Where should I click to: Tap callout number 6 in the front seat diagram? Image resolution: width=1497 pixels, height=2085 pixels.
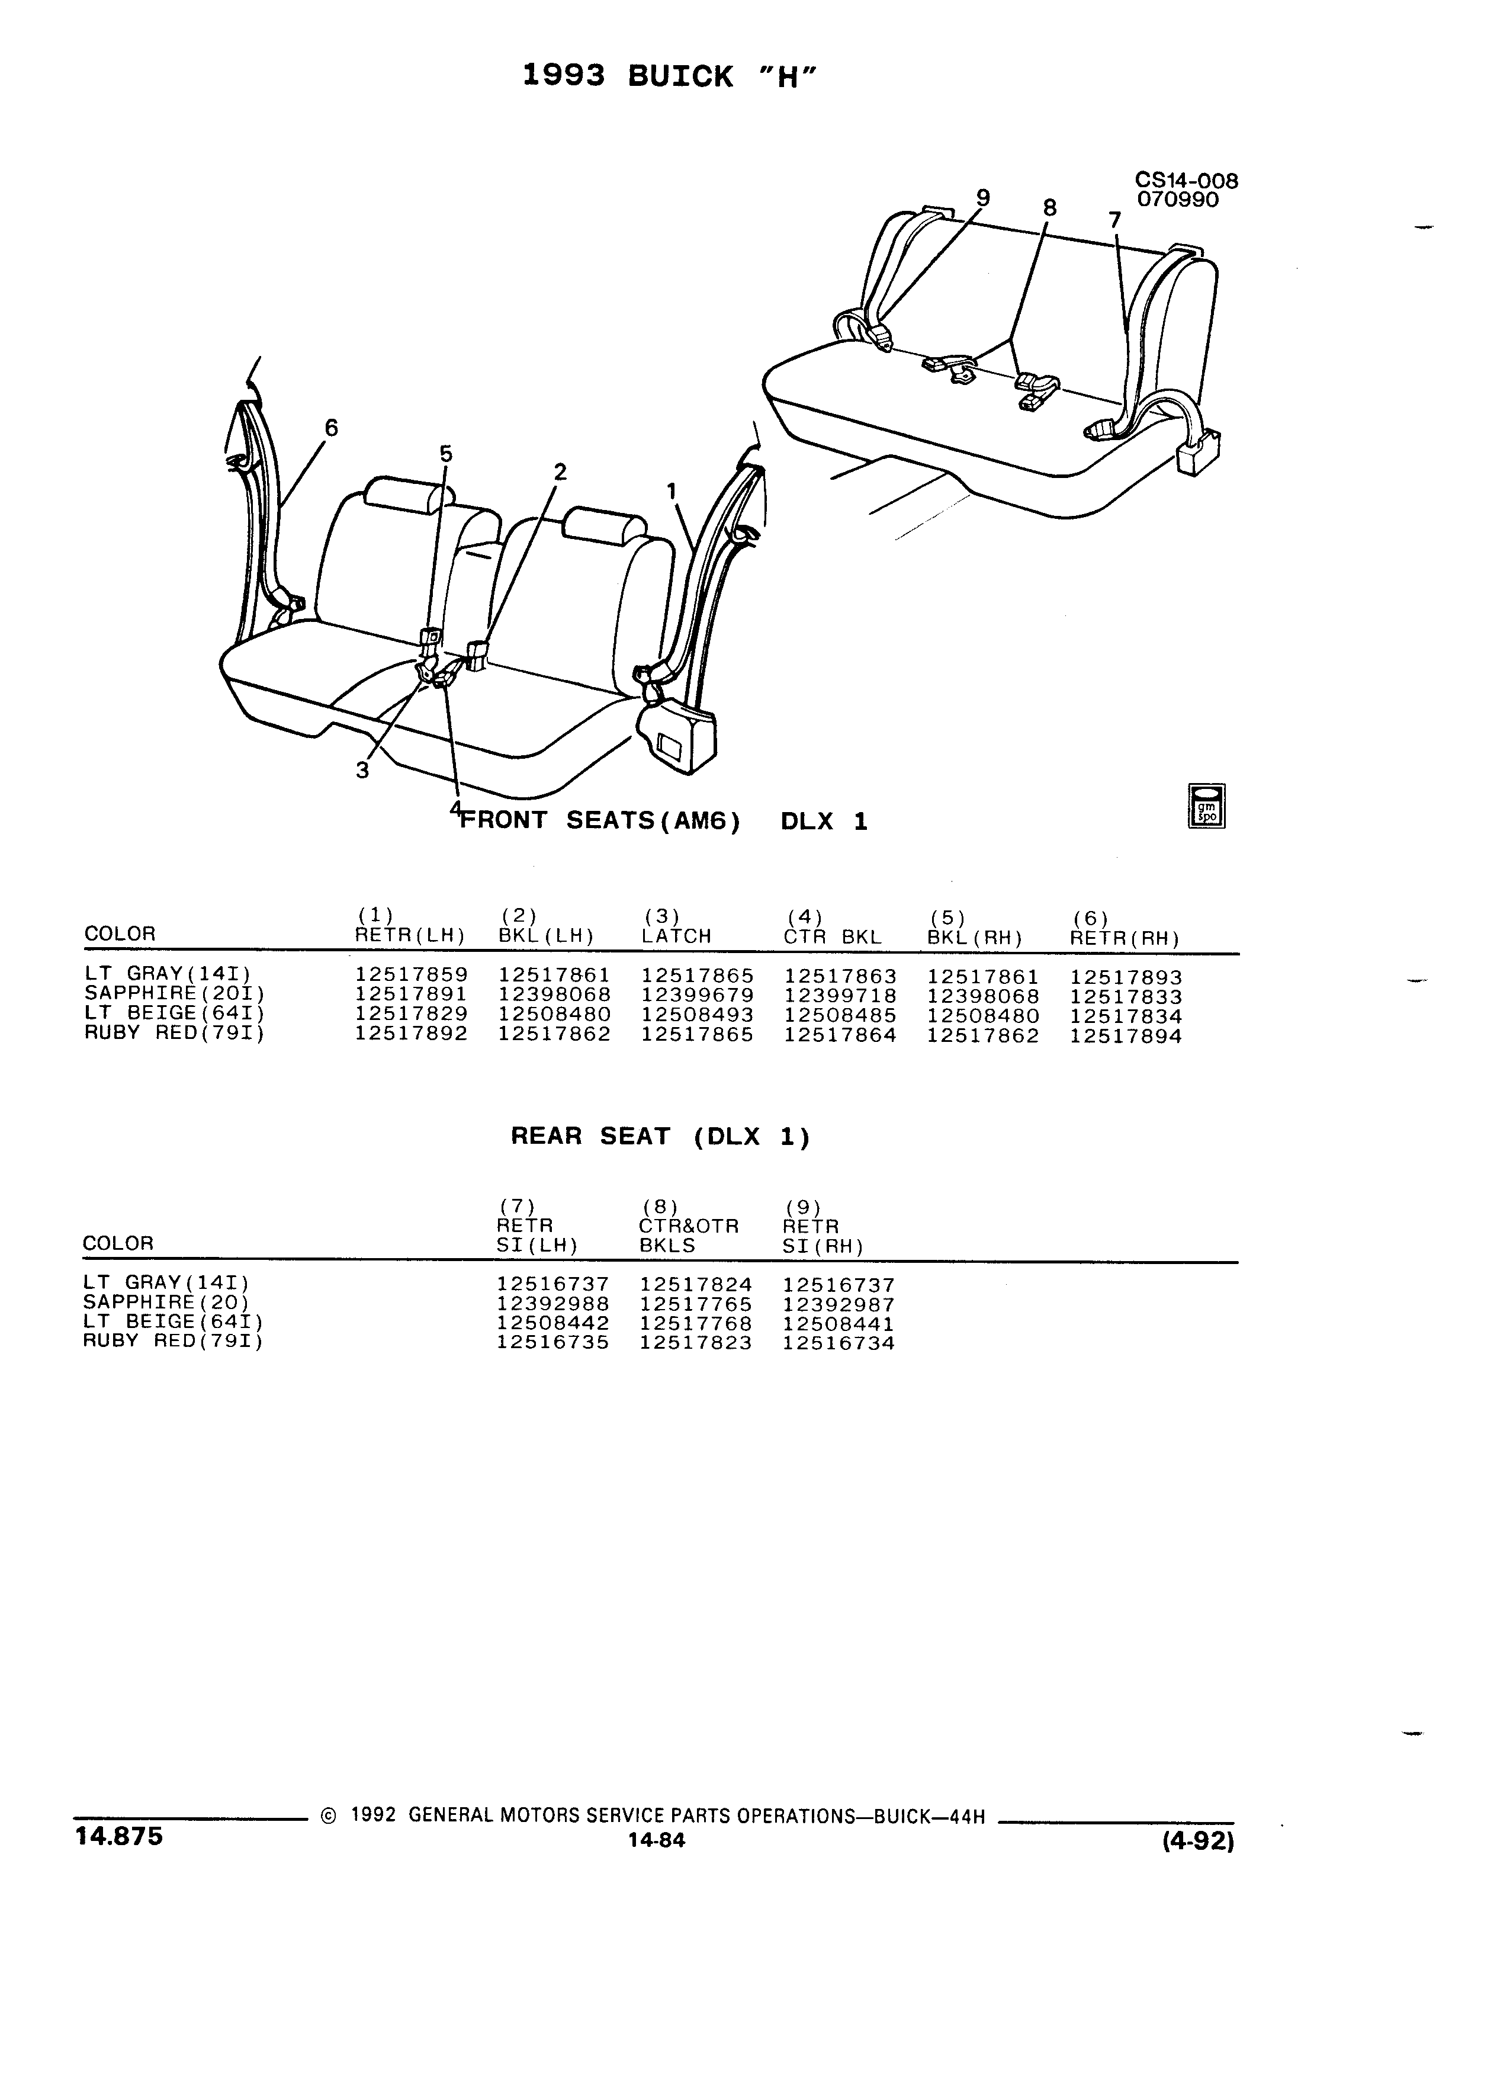[331, 428]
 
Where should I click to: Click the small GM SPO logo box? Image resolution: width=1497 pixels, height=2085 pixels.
[1207, 806]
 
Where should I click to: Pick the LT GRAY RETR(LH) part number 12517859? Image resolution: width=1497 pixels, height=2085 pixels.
[412, 976]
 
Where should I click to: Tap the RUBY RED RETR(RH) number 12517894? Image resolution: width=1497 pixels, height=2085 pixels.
[1126, 1036]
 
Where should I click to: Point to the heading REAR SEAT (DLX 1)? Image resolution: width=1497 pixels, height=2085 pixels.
[661, 1137]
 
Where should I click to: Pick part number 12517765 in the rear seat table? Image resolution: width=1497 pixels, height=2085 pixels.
[696, 1304]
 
